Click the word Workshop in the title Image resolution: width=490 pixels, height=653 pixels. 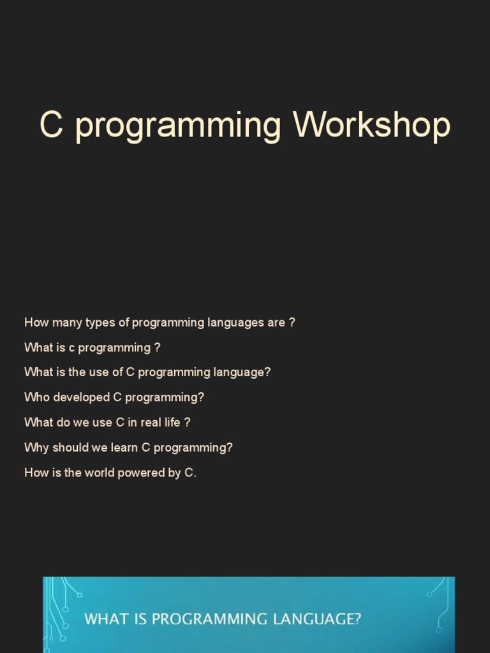point(372,125)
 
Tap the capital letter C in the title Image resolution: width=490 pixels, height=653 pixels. point(52,125)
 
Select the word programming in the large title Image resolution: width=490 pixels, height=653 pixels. point(178,128)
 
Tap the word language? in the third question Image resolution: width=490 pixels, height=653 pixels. point(245,372)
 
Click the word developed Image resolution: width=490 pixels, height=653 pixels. point(82,397)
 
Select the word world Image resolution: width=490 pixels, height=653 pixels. point(96,473)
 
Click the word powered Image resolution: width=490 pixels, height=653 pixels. point(139,473)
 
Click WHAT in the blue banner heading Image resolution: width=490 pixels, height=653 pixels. point(105,619)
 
